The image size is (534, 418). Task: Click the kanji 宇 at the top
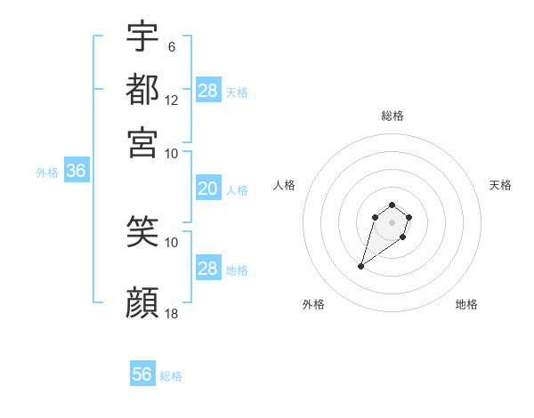coord(142,38)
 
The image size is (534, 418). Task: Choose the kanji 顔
coord(142,302)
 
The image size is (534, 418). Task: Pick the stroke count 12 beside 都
coord(172,100)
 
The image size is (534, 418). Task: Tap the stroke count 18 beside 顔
coord(172,314)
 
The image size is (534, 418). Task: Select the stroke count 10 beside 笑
coord(172,242)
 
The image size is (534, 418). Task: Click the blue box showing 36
coord(76,172)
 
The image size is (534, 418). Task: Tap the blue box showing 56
coord(142,374)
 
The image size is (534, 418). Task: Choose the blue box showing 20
coord(207,189)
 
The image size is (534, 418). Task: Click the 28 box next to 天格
coord(207,90)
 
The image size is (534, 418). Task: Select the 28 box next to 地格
coord(207,269)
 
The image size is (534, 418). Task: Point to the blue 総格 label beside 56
coord(171,376)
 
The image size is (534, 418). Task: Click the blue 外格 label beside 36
coord(46,173)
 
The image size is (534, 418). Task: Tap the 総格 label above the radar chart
coord(392,116)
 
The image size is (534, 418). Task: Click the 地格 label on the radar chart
coord(466,304)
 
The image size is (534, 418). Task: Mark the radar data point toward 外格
coord(361,266)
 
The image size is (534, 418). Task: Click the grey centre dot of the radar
coord(392,222)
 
